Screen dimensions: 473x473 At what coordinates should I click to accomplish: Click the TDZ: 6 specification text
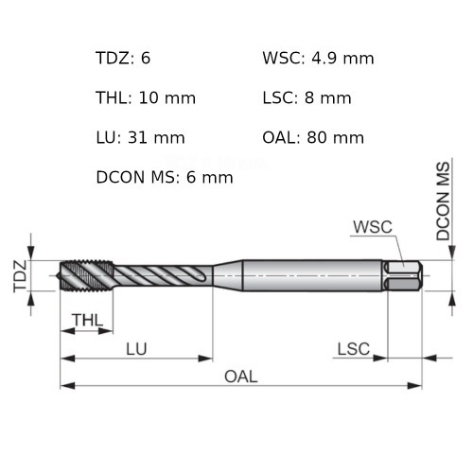(x=123, y=59)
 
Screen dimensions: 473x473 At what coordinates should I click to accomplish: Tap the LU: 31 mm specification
(x=140, y=137)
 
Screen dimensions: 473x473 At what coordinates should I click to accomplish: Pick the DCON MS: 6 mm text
(x=164, y=177)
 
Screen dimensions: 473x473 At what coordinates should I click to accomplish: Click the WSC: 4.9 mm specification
(x=318, y=59)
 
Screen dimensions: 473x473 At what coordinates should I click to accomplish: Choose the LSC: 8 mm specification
(x=307, y=97)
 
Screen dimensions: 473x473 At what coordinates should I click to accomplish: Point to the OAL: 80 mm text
(x=313, y=137)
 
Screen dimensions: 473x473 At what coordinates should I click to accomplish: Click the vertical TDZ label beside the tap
(x=20, y=274)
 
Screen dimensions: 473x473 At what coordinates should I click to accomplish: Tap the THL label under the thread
(x=87, y=321)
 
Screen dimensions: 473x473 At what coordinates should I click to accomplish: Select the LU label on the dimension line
(x=136, y=348)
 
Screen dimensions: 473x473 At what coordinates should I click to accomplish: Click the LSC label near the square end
(x=353, y=348)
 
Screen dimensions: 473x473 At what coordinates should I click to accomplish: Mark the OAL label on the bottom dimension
(x=240, y=376)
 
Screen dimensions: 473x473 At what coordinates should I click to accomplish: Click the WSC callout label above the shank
(x=372, y=227)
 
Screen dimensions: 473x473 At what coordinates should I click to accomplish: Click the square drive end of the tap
(x=404, y=275)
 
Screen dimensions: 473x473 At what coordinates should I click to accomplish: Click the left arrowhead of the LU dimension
(x=66, y=358)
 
